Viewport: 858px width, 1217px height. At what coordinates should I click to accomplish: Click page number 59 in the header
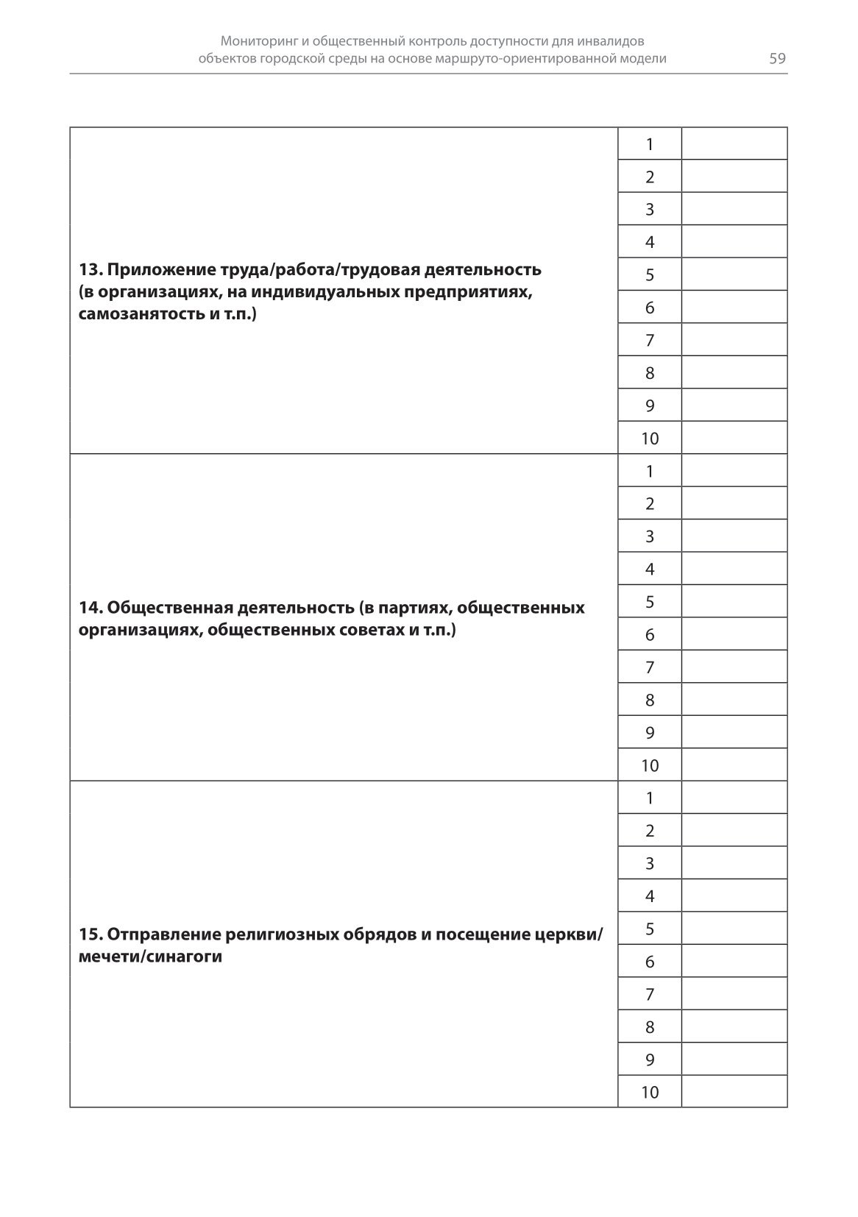tap(777, 59)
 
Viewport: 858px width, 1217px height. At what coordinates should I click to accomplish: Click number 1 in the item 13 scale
tap(650, 144)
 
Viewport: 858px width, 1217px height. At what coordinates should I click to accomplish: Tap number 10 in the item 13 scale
tap(650, 439)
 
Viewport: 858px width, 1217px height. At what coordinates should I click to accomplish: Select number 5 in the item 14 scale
tap(650, 602)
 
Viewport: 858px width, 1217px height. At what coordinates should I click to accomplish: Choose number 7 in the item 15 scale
tap(650, 995)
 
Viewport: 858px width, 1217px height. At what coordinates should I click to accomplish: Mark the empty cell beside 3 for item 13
tap(734, 209)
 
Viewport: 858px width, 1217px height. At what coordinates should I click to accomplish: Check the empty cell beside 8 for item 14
tap(734, 700)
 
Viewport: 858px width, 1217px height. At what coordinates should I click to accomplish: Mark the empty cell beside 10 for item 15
tap(734, 1092)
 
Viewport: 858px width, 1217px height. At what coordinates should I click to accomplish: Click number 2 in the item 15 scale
tap(650, 831)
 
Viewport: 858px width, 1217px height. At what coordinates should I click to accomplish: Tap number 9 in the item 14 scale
tap(650, 733)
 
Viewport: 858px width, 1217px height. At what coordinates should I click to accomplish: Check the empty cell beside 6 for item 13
tap(734, 308)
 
